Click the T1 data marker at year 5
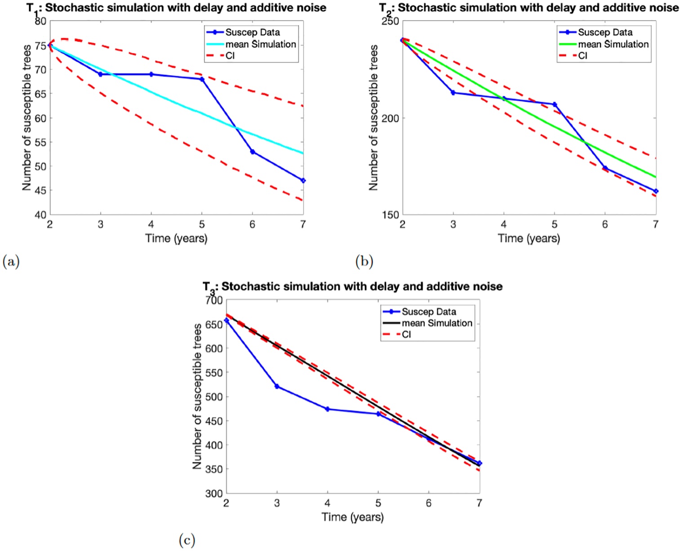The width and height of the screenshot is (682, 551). (x=202, y=79)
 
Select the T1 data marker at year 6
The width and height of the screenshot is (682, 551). (x=253, y=152)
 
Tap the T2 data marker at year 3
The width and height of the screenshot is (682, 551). (x=453, y=93)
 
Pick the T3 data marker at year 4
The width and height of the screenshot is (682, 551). (x=327, y=409)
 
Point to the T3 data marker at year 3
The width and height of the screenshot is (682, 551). (x=277, y=386)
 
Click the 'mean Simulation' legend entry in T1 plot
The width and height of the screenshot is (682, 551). (x=260, y=44)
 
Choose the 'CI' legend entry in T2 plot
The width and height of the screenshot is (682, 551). (x=583, y=55)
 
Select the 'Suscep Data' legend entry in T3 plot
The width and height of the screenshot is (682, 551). (x=428, y=312)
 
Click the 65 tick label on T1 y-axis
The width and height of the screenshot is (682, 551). (x=40, y=94)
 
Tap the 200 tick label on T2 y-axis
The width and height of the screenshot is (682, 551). (x=390, y=118)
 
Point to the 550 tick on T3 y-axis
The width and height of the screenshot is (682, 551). (x=214, y=373)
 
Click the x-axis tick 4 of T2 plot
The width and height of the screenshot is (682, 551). (x=504, y=224)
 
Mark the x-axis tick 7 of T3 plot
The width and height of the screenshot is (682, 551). (x=479, y=503)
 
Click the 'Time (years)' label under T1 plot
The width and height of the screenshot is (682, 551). (x=176, y=238)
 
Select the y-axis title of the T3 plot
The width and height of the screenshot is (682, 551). (x=197, y=396)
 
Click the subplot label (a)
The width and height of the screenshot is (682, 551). (x=11, y=261)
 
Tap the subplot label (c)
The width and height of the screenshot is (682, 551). (x=187, y=540)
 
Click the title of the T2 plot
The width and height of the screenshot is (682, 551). (x=529, y=8)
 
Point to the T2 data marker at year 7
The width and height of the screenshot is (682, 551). (x=656, y=191)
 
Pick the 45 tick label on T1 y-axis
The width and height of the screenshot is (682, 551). (x=40, y=190)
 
